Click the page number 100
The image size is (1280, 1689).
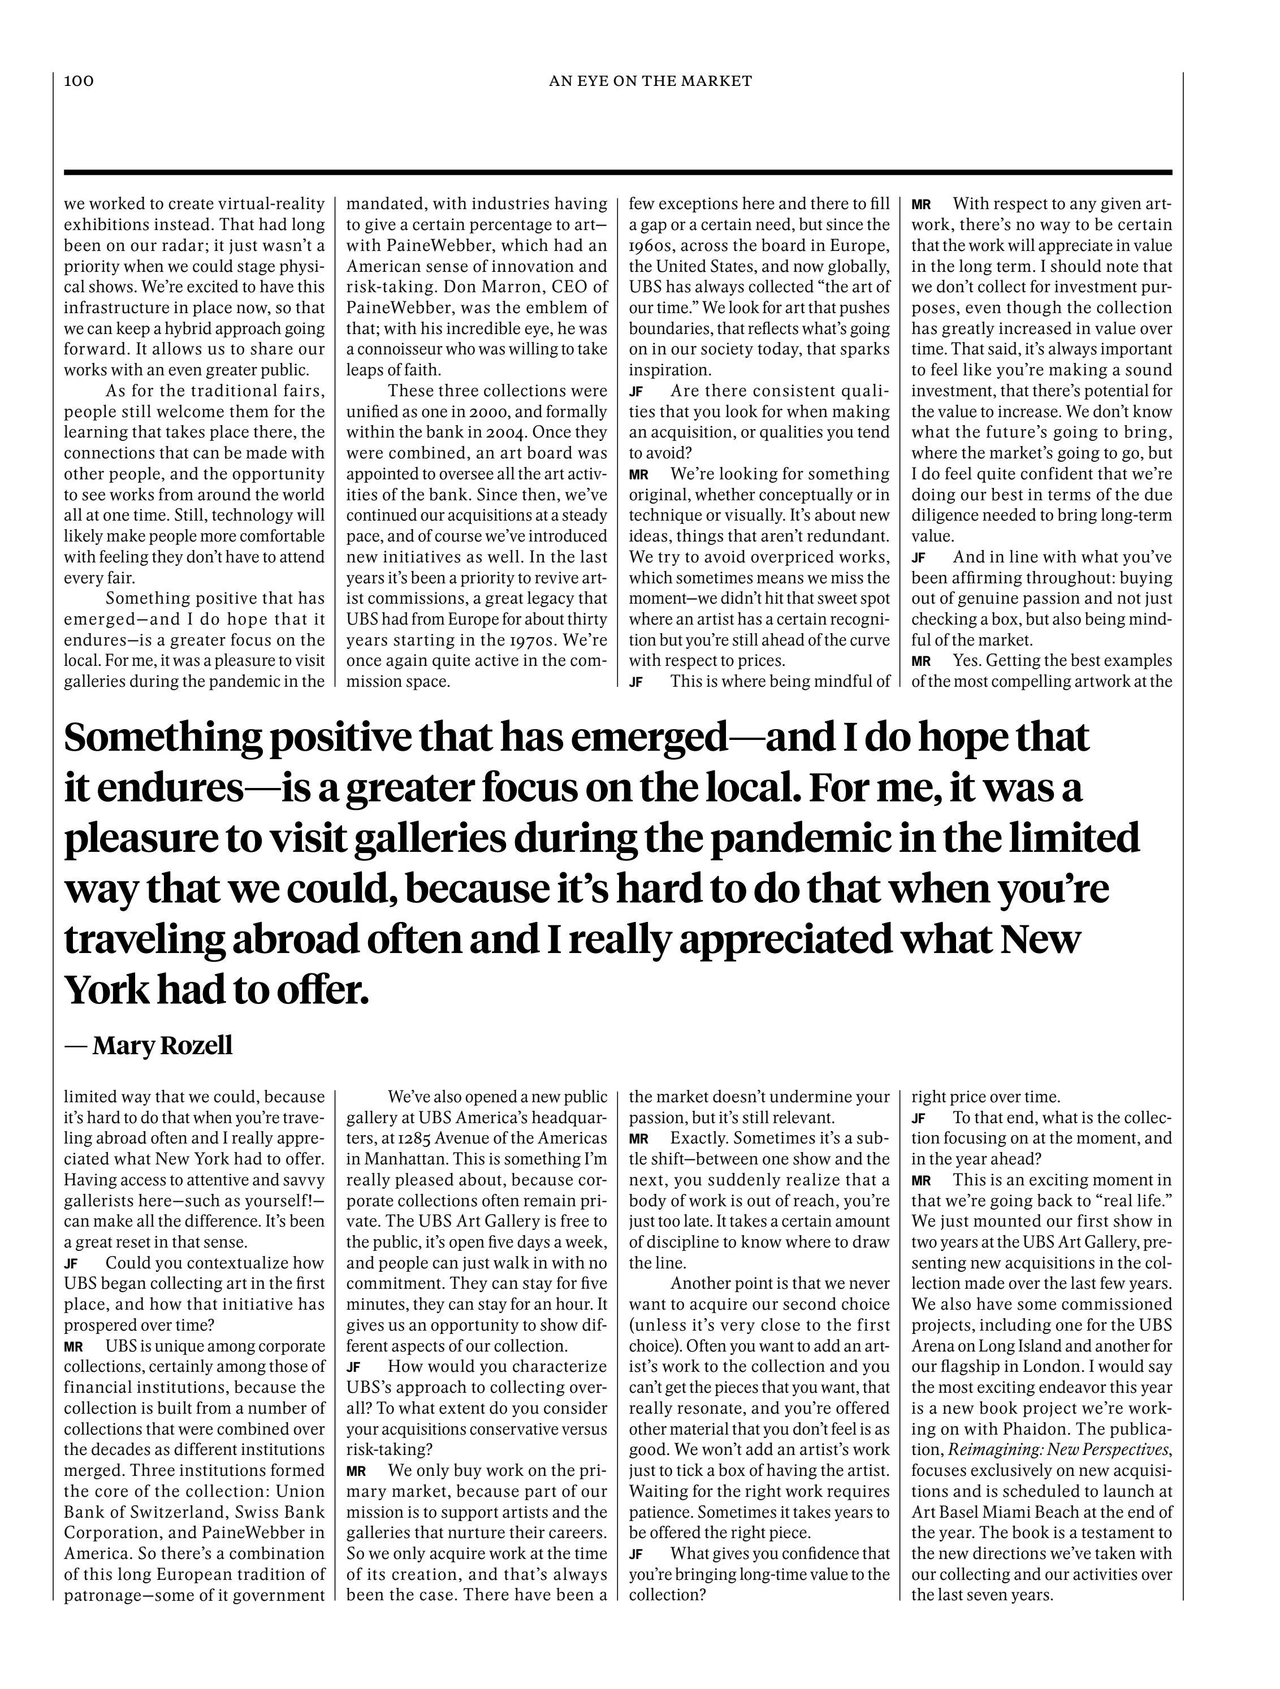(79, 81)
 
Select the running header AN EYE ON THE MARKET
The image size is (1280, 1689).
(650, 81)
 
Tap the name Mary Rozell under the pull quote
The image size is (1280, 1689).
(162, 1045)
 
